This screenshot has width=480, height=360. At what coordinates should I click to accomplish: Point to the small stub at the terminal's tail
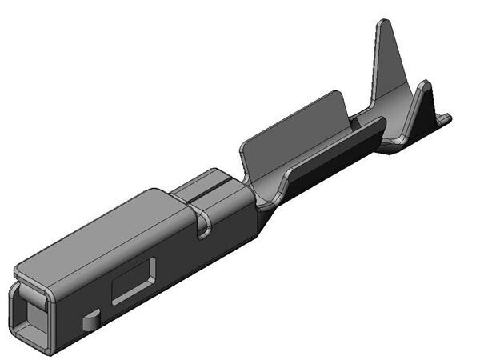tap(445, 119)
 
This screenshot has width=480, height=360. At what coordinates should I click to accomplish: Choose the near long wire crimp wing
tap(328, 156)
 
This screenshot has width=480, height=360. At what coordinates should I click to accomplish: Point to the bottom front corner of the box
tap(50, 350)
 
